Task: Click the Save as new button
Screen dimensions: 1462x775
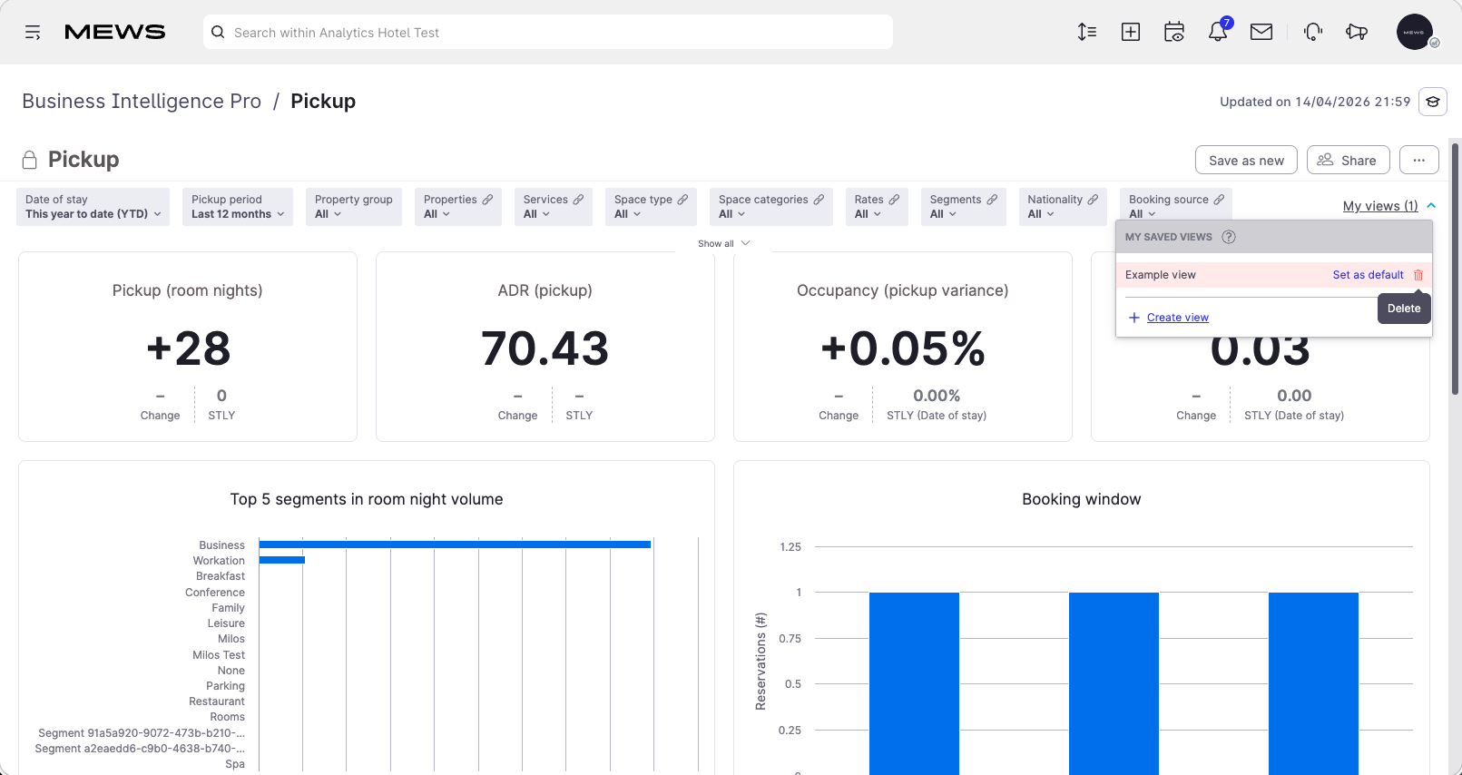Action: point(1246,160)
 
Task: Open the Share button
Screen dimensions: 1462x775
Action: point(1348,160)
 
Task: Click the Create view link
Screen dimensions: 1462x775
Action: point(1177,318)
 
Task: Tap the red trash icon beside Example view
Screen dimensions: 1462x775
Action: point(1418,275)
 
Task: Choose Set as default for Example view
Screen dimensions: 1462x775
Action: point(1368,275)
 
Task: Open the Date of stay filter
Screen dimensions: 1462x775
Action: point(93,207)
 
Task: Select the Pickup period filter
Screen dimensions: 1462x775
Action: point(238,207)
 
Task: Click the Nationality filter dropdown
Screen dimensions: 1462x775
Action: point(1063,207)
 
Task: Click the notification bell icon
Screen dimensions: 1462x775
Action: point(1218,32)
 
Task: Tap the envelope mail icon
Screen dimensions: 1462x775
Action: point(1261,32)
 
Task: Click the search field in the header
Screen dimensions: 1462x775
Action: point(547,32)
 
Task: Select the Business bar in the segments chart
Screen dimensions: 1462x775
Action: point(455,544)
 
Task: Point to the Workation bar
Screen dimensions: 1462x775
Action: point(282,560)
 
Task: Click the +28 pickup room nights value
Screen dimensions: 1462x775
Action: point(188,348)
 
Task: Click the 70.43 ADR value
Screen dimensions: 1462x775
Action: point(545,348)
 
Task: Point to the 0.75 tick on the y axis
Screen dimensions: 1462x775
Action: point(790,639)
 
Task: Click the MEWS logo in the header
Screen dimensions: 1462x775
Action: point(115,32)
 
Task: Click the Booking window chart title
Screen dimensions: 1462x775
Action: point(1082,499)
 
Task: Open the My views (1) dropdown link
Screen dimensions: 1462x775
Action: point(1380,206)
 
